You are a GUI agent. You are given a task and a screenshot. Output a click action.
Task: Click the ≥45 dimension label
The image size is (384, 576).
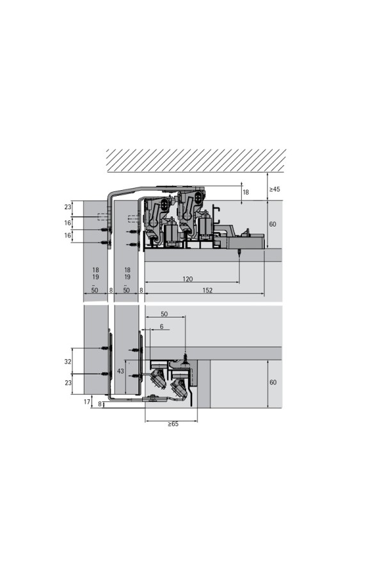point(275,189)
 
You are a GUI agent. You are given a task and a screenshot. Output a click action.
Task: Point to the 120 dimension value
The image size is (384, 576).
point(188,279)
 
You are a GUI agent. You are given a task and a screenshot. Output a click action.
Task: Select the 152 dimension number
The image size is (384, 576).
point(207,290)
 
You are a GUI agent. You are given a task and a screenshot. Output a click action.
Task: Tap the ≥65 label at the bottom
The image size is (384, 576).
point(173,424)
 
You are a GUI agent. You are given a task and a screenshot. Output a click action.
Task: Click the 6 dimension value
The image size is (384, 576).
point(162,326)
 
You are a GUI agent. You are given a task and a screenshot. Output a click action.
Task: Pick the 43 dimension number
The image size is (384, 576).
point(120,371)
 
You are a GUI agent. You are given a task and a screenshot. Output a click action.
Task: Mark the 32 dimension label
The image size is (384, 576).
point(68,362)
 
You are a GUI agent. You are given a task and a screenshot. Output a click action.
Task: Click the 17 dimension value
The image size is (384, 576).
point(87,402)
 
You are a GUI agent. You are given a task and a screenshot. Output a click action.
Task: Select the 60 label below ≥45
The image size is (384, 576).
point(273,224)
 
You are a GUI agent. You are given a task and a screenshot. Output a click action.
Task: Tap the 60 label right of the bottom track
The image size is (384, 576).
point(273,383)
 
